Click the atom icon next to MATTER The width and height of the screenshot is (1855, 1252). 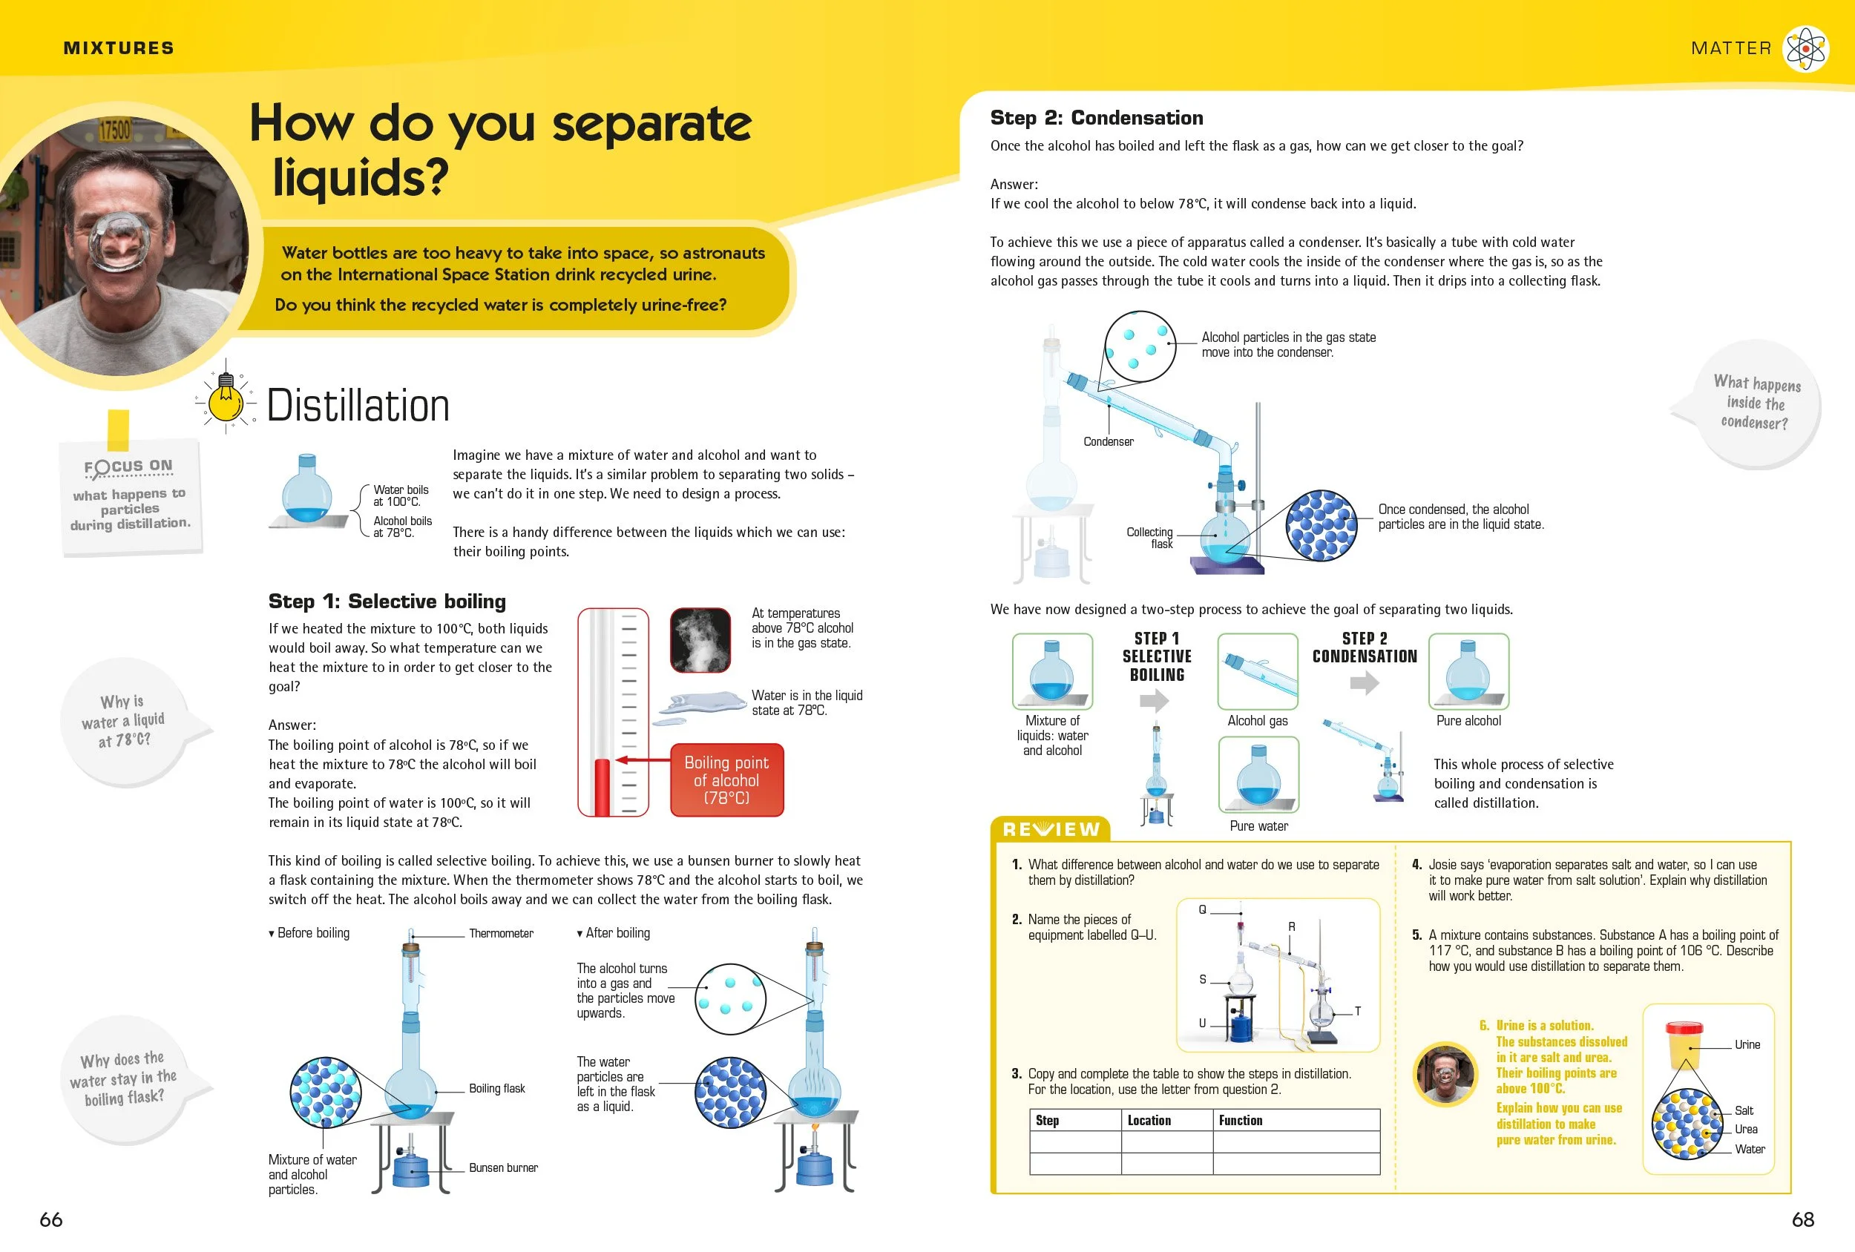point(1805,49)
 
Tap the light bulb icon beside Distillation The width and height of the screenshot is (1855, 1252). point(226,398)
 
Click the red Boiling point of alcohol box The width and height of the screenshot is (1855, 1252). point(726,780)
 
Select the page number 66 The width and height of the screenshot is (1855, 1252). point(50,1219)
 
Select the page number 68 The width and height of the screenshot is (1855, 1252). point(1802,1219)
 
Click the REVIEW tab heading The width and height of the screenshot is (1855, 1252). point(1051,829)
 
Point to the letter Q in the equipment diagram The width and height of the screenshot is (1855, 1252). point(1202,909)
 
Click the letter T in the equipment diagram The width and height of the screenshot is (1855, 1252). point(1357,1011)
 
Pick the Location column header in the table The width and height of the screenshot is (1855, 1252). point(1149,1120)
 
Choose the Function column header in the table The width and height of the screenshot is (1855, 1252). point(1241,1120)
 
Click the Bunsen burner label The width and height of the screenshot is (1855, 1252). point(503,1167)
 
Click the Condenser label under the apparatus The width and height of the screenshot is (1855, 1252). point(1108,441)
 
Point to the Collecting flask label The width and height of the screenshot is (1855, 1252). point(1150,538)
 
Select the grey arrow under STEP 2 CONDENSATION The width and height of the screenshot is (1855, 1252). point(1364,683)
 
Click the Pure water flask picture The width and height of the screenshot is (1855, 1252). point(1258,775)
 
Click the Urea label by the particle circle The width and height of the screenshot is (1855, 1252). point(1746,1129)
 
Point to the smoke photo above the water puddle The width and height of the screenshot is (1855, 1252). point(700,640)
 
